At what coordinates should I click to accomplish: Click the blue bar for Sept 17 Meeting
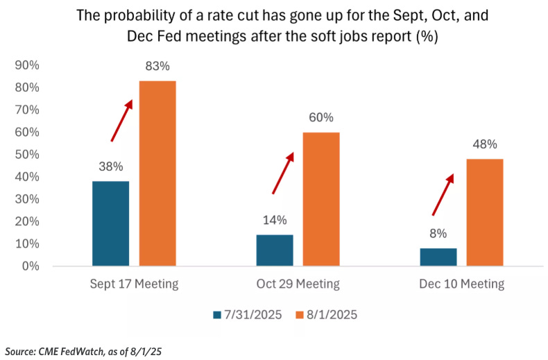tap(111, 223)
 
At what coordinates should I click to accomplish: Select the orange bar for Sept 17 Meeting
tap(157, 173)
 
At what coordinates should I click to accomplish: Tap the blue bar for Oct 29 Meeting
tap(275, 250)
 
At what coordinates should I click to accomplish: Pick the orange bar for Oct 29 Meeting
tap(321, 199)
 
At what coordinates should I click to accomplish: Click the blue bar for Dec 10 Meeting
tap(438, 257)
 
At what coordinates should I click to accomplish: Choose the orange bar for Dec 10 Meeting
tap(485, 212)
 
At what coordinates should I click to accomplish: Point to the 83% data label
tap(157, 67)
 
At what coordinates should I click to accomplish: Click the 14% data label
tap(275, 221)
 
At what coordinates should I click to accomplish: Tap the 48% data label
tap(485, 145)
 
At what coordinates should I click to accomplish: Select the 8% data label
tap(438, 234)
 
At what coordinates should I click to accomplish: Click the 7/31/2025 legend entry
tap(247, 314)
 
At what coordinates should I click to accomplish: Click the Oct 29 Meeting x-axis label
tap(298, 284)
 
